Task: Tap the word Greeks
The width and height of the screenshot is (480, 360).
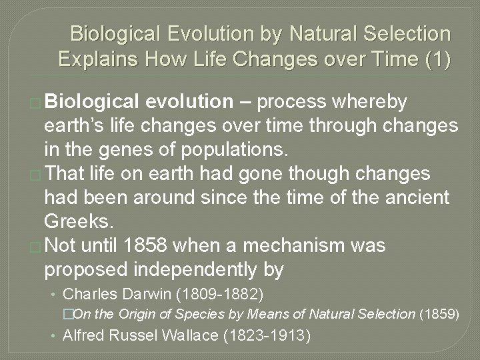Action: [x=74, y=221]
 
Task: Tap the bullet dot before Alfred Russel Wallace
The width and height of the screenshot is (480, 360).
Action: [x=55, y=335]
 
